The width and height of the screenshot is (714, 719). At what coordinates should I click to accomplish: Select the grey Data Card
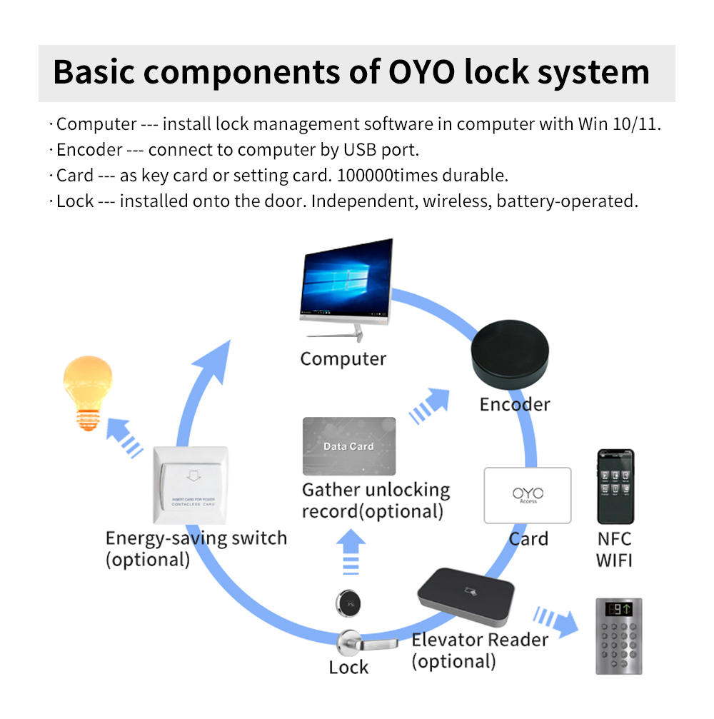pyautogui.click(x=349, y=446)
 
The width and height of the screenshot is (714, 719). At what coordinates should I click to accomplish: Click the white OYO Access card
pyautogui.click(x=528, y=496)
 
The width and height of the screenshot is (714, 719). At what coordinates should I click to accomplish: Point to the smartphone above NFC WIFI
pyautogui.click(x=615, y=486)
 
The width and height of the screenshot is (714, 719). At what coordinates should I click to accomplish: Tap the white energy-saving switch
pyautogui.click(x=191, y=485)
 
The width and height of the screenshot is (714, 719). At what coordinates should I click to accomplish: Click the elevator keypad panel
pyautogui.click(x=618, y=635)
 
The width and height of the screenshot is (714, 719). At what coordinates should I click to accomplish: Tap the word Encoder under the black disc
pyautogui.click(x=514, y=405)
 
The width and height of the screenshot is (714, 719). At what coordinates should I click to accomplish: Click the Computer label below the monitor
pyautogui.click(x=343, y=358)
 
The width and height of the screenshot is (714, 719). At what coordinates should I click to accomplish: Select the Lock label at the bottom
pyautogui.click(x=348, y=668)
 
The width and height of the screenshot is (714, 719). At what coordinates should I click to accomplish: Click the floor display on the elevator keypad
pyautogui.click(x=618, y=609)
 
